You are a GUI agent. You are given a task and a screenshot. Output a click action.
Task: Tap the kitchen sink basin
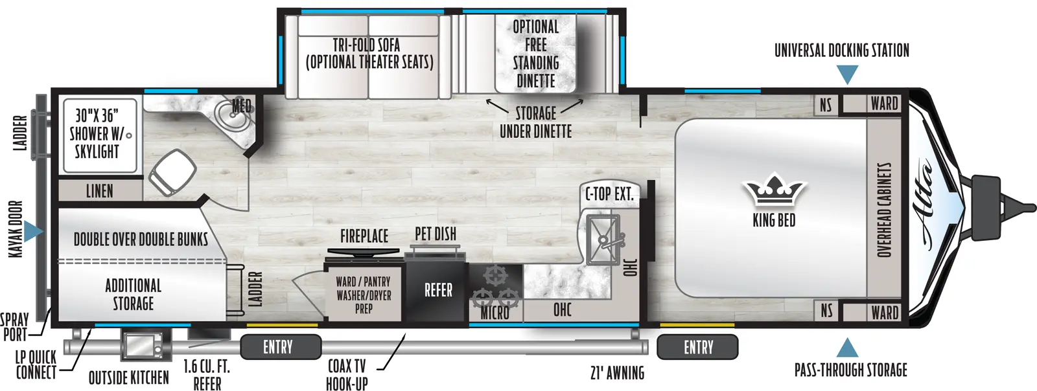603,240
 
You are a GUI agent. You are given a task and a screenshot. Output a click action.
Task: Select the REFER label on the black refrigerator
438,290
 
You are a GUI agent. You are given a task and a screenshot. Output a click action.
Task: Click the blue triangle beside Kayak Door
33,232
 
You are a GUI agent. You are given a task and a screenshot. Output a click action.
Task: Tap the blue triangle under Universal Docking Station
848,75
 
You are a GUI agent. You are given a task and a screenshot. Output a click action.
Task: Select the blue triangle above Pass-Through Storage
846,348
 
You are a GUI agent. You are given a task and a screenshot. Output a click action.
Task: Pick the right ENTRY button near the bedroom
697,347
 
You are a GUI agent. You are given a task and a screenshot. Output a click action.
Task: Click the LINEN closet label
100,191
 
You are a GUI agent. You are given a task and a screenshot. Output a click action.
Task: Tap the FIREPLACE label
364,236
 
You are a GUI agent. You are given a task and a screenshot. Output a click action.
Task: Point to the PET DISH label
435,234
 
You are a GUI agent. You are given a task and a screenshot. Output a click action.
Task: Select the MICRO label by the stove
495,313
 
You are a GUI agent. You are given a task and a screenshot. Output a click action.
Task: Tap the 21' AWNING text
617,373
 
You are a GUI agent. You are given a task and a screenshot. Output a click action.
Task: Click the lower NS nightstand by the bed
826,311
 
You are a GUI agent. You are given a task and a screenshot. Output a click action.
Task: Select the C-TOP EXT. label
609,194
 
